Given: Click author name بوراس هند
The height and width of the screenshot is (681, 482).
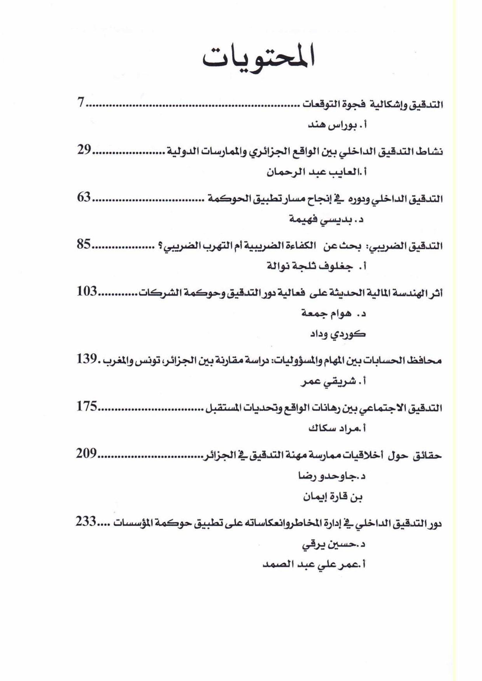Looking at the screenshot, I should (x=331, y=125).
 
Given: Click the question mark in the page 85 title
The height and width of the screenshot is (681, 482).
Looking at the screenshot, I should (x=154, y=246).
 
